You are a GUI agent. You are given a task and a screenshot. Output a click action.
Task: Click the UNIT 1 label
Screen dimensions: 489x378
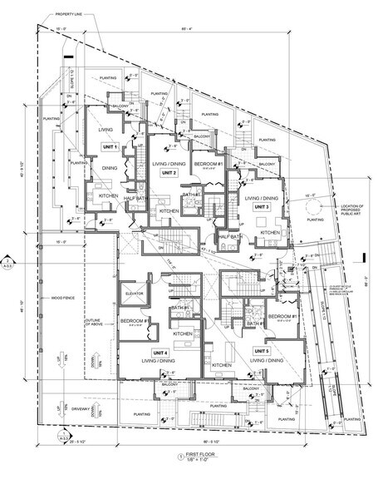click(x=109, y=146)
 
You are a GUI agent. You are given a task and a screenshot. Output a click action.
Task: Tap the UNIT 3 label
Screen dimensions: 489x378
click(x=262, y=206)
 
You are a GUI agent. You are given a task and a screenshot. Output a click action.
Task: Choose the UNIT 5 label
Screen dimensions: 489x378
click(x=263, y=352)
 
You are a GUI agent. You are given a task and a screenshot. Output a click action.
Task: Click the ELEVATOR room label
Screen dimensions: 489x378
click(x=135, y=294)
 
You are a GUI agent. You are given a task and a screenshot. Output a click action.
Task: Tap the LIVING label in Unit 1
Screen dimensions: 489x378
click(x=106, y=130)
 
